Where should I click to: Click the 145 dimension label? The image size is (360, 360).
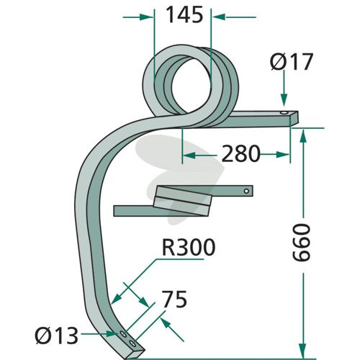tap(184, 15)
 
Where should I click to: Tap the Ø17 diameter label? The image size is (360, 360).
tap(292, 61)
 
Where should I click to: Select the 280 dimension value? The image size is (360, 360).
tap(240, 153)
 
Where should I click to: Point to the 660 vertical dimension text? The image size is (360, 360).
tap(302, 243)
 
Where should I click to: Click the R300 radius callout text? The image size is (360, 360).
tap(189, 247)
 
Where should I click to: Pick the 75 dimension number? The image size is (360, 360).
tap(174, 299)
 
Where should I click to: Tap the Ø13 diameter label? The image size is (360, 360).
tap(57, 336)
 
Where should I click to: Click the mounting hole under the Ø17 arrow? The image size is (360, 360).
tap(284, 113)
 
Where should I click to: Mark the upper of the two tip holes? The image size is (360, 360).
tap(123, 334)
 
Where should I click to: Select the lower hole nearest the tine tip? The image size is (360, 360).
tap(132, 343)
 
